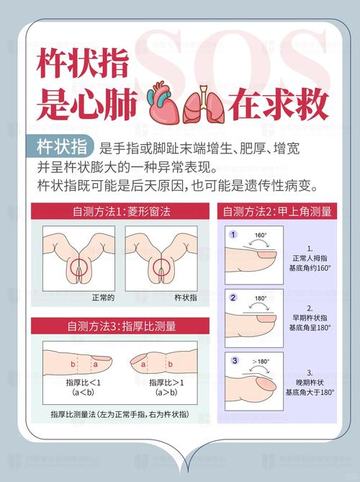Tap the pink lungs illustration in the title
point(201,105)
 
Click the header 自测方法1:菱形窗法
point(120,212)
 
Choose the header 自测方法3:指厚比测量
point(120,326)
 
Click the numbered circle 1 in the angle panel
point(233,235)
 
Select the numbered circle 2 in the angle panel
point(233,297)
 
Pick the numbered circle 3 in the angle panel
point(233,360)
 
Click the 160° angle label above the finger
point(261,235)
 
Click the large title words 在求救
point(277,105)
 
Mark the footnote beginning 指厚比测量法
point(120,416)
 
